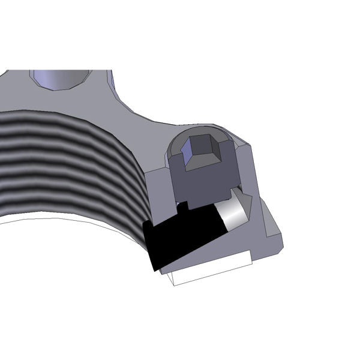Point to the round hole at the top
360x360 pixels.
tap(60, 78)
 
